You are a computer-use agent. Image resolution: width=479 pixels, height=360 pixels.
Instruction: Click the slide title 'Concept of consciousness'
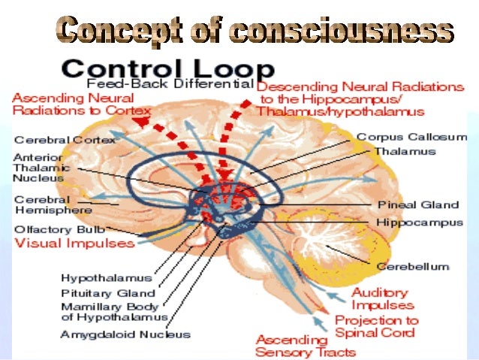[x=255, y=32]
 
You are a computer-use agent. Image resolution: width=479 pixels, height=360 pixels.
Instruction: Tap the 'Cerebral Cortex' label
[x=65, y=140]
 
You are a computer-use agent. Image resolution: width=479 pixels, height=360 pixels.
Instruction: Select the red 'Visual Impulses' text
[x=75, y=244]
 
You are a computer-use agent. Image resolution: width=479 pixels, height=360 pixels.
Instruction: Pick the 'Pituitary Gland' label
[x=108, y=293]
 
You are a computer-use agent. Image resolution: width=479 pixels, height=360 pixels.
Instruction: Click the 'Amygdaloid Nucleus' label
[x=125, y=334]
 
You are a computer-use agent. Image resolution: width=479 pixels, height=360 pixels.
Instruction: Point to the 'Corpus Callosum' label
[x=411, y=138]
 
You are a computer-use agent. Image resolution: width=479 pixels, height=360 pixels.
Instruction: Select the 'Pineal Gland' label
[x=418, y=204]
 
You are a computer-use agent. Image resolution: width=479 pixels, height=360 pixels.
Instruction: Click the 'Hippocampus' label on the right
[x=420, y=223]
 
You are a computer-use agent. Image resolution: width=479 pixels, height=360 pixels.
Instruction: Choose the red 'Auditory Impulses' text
[x=382, y=299]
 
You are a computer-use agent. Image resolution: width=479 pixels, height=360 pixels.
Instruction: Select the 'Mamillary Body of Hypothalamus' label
[x=113, y=312]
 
